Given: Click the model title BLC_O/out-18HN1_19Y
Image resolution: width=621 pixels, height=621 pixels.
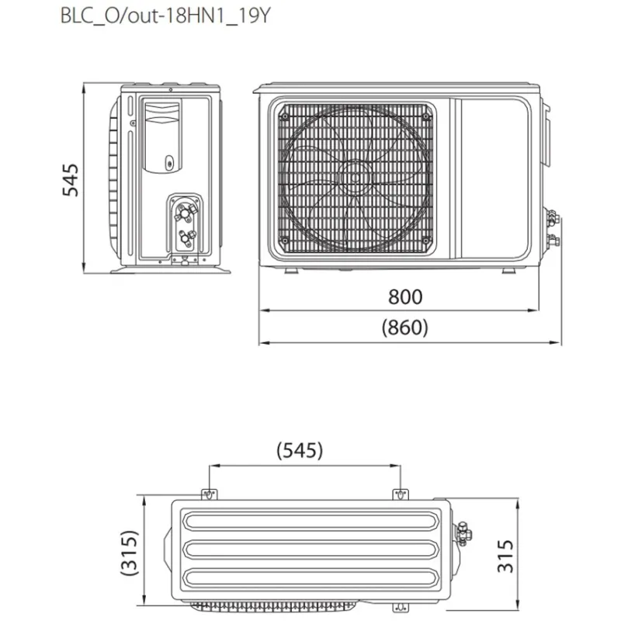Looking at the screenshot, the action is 165,16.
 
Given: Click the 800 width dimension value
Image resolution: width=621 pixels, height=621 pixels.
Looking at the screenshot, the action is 405,297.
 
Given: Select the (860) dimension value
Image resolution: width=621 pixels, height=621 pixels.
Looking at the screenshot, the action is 404,328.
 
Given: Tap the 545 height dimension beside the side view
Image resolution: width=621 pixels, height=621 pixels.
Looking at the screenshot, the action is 71,179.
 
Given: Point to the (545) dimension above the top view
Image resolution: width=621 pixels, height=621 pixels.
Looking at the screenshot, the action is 300,450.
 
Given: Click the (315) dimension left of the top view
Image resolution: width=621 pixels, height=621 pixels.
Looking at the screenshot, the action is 130,553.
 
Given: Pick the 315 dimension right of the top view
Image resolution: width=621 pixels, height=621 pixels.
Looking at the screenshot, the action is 505,556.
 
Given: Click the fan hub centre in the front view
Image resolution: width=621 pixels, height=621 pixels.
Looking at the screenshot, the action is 355,177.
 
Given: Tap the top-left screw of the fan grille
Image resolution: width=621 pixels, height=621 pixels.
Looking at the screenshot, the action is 284,116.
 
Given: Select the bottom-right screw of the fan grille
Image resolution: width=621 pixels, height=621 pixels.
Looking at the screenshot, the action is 425,240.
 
